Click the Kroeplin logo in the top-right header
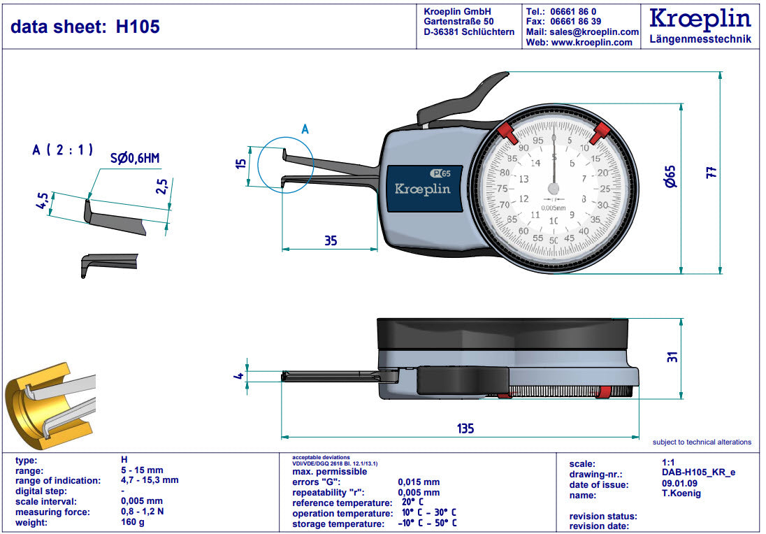[x=700, y=19]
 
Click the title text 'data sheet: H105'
[x=85, y=27]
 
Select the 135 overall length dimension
[x=466, y=428]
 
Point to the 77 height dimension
[x=711, y=172]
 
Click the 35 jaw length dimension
[x=331, y=240]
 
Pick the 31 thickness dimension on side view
[x=672, y=356]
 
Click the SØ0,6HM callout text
[x=135, y=159]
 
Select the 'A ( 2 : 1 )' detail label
[x=63, y=149]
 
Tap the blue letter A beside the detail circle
[x=305, y=129]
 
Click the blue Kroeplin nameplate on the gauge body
[x=422, y=189]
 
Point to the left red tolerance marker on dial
[x=506, y=131]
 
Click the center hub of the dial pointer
[x=554, y=189]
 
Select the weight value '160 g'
[x=133, y=522]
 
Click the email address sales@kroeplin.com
[x=593, y=31]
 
